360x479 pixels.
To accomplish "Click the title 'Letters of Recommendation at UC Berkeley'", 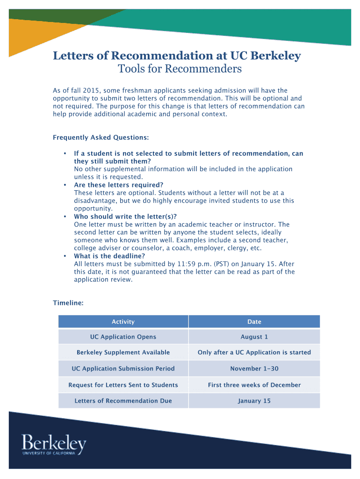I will pos(177,56).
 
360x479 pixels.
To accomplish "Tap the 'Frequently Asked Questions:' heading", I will pos(101,138).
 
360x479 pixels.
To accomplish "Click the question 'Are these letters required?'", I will pos(119,185).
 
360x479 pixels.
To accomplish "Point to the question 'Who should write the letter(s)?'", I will pos(125,217).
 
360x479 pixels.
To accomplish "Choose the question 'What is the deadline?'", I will pos(109,256).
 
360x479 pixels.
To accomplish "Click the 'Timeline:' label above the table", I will pos(68,303).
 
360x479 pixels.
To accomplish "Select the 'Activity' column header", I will pos(123,322).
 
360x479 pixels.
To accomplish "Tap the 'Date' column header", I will pos(254,322).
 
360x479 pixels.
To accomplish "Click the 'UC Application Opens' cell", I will pos(123,337).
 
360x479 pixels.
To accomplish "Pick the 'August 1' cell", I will pos(254,337).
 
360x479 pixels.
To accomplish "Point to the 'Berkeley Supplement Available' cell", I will pos(123,353).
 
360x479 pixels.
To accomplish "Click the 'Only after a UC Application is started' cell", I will pos(254,353).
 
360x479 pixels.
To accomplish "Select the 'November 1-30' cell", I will pos(254,369).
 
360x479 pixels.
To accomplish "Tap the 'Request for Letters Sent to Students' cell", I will pos(123,385).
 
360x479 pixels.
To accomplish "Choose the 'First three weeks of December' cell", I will pos(254,385).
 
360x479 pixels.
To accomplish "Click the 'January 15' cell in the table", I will pos(254,401).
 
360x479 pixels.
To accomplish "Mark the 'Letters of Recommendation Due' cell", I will pos(123,401).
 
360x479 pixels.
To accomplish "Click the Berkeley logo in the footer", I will pos(54,445).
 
